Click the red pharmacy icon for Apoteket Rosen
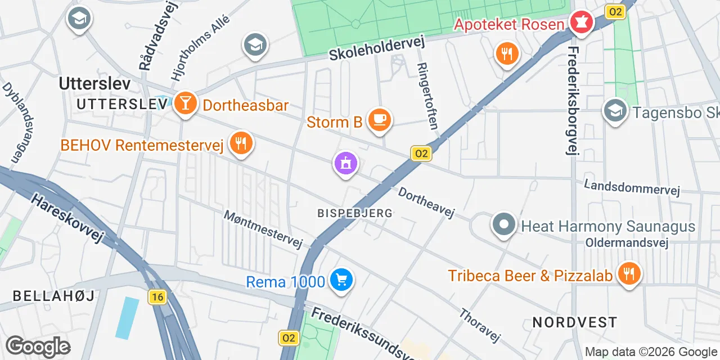(580, 23)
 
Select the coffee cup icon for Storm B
(379, 119)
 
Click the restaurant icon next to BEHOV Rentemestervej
(241, 143)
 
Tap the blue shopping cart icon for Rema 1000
(341, 280)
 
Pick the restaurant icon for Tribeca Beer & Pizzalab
(629, 274)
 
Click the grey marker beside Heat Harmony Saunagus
(503, 225)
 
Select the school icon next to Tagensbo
(615, 111)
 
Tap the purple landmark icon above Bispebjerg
(346, 164)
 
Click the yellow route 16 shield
(158, 297)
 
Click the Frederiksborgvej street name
(573, 100)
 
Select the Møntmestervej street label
(263, 229)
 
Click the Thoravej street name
(480, 325)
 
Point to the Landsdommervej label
(632, 188)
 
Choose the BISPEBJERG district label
(354, 214)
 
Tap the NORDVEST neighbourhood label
(574, 322)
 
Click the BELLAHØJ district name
(53, 295)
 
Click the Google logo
(38, 346)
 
